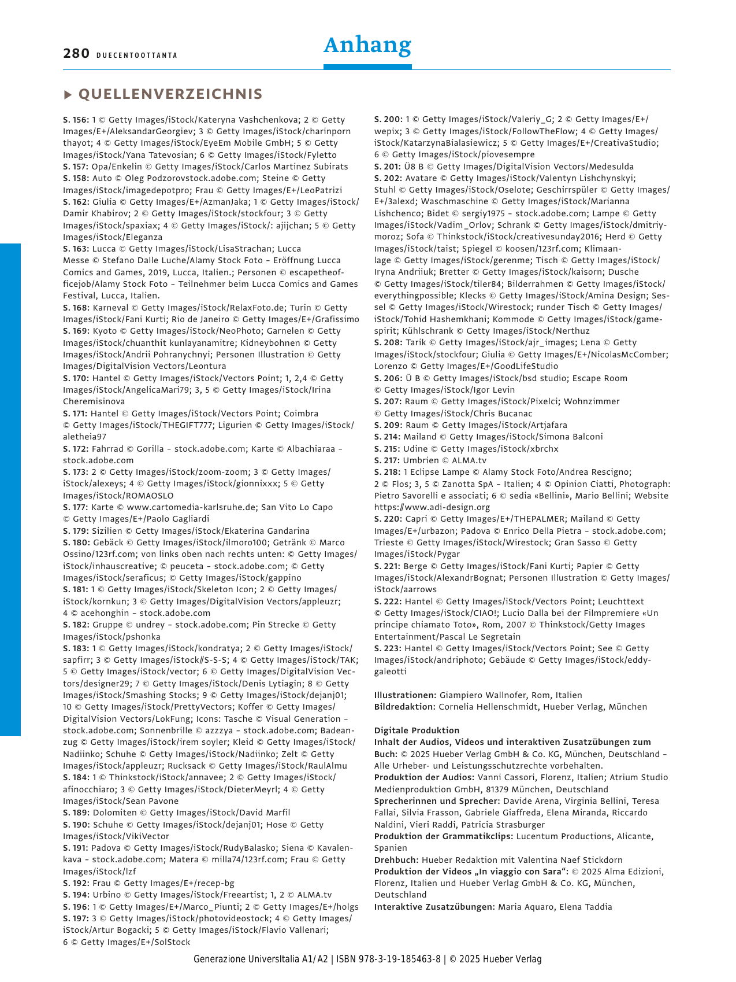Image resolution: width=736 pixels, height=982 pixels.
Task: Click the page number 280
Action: coord(76,54)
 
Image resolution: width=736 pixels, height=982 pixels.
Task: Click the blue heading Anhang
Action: coord(367,45)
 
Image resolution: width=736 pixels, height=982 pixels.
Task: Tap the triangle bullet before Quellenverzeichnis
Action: coord(68,95)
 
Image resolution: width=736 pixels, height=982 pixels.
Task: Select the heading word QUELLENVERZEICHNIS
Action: coord(170,94)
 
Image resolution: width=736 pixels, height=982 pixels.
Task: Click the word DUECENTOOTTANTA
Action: coord(137,56)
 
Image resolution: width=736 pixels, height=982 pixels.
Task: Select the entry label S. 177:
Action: coord(76,507)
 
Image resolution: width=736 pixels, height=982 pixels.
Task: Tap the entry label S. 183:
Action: coord(76,648)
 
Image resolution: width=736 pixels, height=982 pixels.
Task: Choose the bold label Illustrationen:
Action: coord(405,695)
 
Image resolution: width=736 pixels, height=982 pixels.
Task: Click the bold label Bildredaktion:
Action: coord(404,707)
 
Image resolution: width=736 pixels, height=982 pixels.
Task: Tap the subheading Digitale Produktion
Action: coord(417,730)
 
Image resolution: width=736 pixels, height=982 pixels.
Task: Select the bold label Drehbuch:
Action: coord(396,860)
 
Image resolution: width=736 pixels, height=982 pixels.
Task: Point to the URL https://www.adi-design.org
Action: coord(432,507)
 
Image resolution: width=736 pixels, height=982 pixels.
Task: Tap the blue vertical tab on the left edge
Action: coord(10,489)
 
